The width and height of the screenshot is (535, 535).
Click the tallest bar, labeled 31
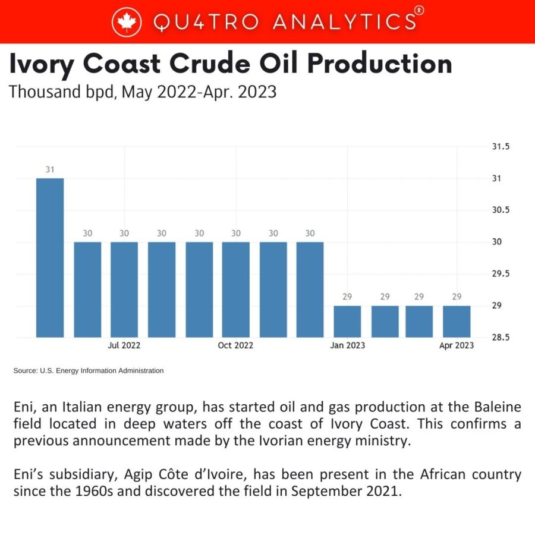[50, 257]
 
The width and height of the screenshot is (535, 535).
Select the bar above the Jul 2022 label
[124, 289]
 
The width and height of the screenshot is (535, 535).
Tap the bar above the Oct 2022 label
[236, 289]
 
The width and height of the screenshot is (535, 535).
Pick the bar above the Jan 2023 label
[347, 321]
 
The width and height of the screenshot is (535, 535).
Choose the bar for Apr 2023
[457, 321]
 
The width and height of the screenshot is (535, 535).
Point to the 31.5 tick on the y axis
[501, 147]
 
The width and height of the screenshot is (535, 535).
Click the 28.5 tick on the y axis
[501, 337]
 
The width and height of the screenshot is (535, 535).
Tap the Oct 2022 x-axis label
[236, 345]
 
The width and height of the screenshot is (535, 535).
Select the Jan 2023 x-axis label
[348, 345]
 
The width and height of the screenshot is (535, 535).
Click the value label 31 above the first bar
[50, 170]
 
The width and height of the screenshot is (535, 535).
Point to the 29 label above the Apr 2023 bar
[457, 297]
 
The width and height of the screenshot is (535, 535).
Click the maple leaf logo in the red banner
[125, 22]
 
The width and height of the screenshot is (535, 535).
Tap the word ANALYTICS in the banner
[344, 22]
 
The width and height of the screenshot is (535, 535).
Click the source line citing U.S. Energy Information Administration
[88, 371]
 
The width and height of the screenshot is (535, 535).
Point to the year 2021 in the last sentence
[377, 492]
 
